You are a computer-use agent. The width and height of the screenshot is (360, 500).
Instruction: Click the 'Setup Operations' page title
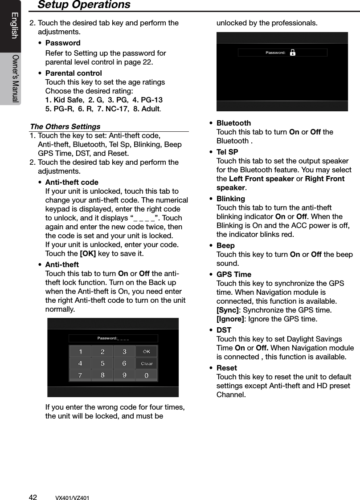84,5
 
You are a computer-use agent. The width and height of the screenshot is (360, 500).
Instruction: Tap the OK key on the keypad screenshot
146,352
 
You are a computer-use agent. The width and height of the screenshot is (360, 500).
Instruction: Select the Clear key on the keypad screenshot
146,363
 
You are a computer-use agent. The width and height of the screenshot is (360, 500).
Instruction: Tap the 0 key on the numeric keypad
146,375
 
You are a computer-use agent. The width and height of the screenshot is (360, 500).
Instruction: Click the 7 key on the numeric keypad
80,375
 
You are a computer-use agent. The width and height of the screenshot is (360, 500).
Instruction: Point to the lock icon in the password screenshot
292,53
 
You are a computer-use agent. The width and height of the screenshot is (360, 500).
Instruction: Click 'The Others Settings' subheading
65,126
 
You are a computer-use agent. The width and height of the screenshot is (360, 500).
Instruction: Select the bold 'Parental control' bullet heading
74,73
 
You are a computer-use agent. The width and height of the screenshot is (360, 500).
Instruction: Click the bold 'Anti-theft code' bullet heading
72,182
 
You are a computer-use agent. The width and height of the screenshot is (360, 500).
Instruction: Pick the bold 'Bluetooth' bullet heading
233,123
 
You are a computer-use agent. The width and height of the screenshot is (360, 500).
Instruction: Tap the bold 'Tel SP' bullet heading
227,152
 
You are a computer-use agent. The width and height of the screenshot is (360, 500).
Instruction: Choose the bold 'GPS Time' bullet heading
233,274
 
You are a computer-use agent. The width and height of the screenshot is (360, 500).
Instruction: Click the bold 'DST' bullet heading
224,330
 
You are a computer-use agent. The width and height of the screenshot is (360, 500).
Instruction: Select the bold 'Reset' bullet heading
226,368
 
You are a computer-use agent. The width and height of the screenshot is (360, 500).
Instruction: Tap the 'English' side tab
14,25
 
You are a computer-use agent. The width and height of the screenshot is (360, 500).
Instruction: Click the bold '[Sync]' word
227,310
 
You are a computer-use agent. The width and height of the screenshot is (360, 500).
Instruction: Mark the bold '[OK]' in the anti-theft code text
87,254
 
